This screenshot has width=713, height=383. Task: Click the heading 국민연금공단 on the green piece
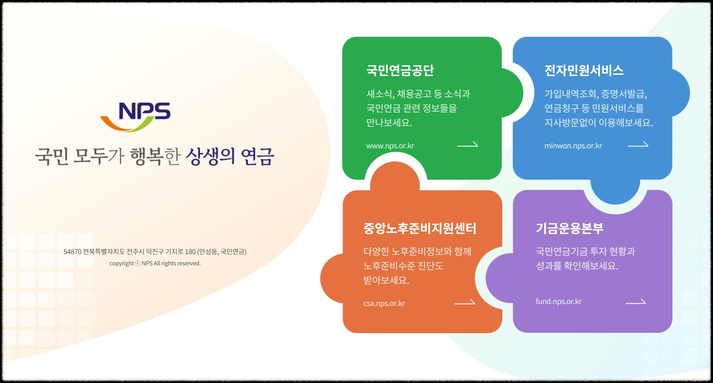pos(400,70)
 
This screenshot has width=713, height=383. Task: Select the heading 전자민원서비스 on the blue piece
pos(584,70)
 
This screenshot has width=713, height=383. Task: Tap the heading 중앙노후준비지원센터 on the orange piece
pos(420,228)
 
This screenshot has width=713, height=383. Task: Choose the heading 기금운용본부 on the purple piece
pos(570,228)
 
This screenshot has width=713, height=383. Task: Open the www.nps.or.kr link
pos(390,146)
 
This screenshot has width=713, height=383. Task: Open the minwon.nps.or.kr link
pos(573,146)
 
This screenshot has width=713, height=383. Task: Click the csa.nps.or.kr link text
pos(384,303)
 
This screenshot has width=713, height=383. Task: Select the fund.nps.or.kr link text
pos(558,301)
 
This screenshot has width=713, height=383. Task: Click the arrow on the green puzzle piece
pos(467,145)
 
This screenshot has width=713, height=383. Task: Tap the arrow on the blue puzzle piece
pos(638,145)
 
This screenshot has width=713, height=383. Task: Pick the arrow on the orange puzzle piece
pos(465,302)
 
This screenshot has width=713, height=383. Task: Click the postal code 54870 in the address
pos(72,252)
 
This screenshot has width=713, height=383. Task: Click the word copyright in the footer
pos(121,263)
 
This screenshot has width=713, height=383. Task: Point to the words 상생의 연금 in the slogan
pos(230,157)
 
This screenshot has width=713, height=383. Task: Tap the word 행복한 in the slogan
pos(155,157)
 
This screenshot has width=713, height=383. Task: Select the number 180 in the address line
pos(190,252)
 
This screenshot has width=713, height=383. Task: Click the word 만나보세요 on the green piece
pos(388,123)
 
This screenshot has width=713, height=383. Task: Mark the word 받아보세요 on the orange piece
pos(385,280)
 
